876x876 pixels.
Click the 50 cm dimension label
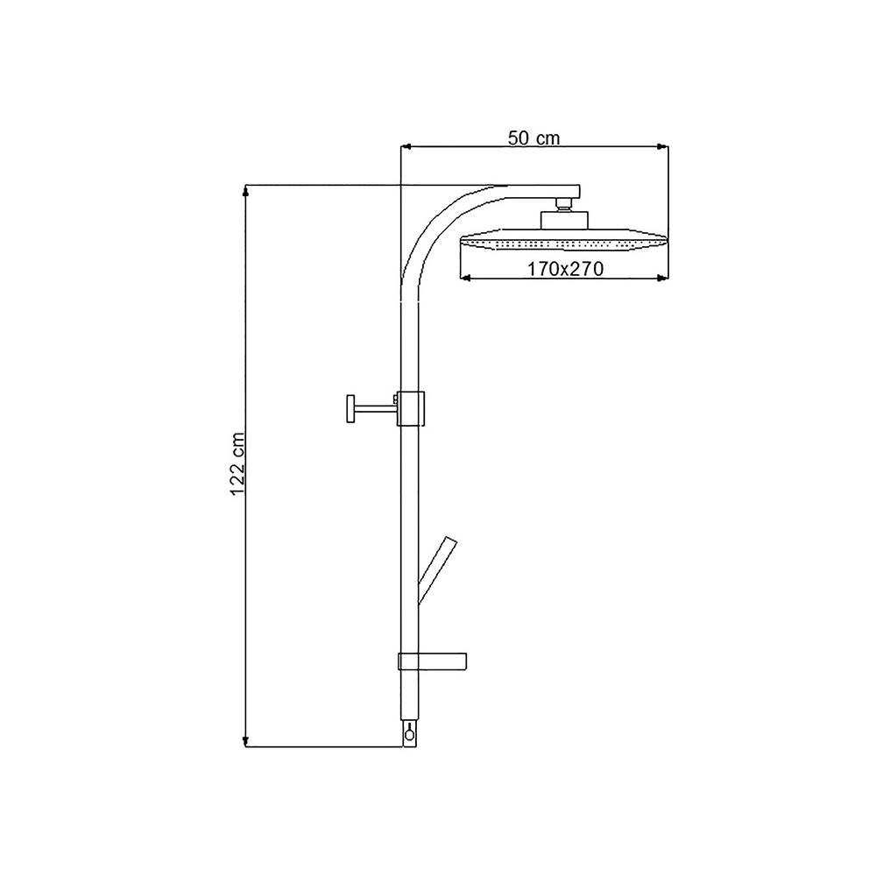click(533, 138)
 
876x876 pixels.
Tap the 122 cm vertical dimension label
click(237, 463)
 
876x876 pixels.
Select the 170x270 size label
click(565, 269)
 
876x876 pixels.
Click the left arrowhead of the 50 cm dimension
click(406, 147)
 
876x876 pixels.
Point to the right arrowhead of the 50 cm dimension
click(662, 147)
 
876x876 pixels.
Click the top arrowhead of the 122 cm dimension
click(245, 191)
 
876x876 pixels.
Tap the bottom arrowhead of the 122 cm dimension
click(245, 741)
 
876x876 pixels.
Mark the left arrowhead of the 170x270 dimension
click(465, 278)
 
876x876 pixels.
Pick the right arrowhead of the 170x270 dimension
click(662, 278)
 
